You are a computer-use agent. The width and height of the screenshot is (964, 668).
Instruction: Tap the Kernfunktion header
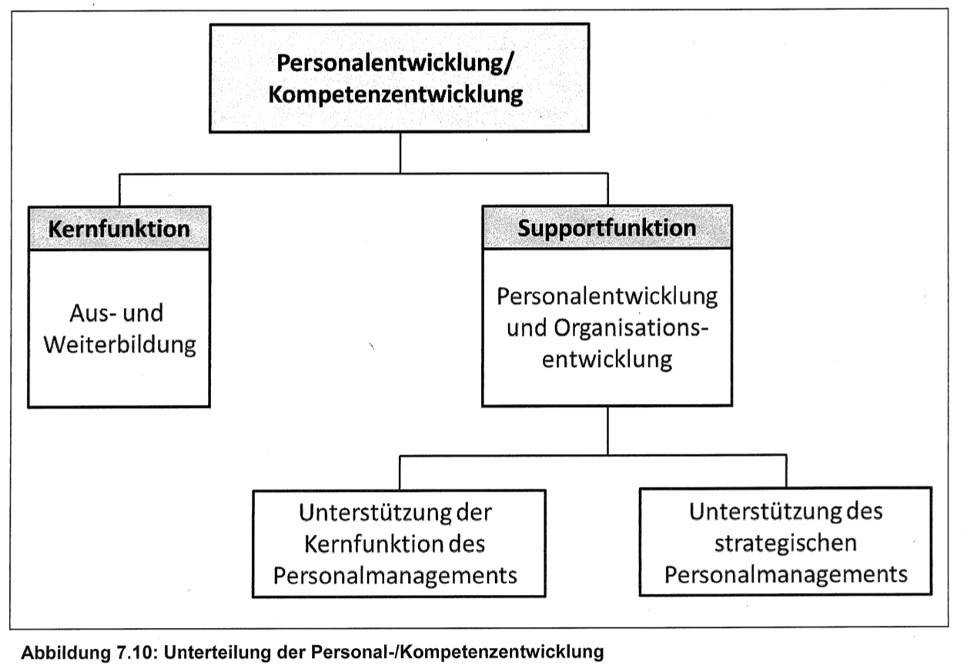point(119,229)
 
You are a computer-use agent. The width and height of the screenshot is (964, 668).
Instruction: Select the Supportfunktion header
point(607,228)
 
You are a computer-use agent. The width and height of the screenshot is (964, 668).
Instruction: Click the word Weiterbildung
point(119,345)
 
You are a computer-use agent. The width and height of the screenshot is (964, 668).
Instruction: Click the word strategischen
point(785,543)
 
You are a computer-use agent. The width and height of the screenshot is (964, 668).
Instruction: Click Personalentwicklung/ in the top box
point(395,64)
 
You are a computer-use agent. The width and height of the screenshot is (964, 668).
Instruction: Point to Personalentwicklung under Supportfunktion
point(607,296)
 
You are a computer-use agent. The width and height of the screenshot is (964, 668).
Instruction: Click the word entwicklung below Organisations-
point(607,359)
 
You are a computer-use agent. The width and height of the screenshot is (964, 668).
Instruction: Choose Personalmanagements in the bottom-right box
point(786,575)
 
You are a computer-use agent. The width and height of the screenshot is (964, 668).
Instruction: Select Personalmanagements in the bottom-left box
point(395,576)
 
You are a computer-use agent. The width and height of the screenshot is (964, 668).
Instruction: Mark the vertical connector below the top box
point(400,152)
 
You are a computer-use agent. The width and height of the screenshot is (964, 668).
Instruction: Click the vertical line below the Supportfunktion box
point(608,430)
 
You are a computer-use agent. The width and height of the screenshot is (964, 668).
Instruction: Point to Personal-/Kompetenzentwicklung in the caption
point(457,653)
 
